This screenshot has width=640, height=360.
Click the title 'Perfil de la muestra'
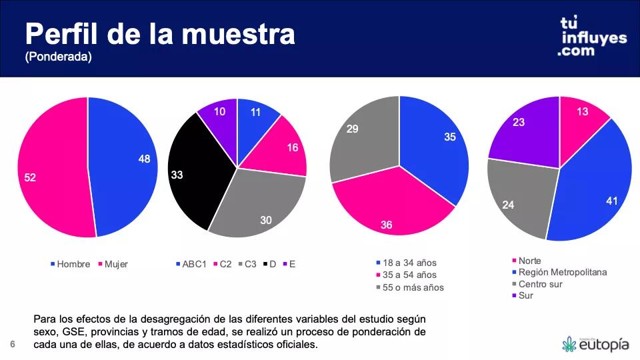[x=159, y=34]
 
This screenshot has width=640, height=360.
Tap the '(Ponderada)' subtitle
[x=58, y=58]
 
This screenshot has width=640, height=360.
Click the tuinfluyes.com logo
[x=593, y=37]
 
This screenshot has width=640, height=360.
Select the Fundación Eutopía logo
[x=595, y=344]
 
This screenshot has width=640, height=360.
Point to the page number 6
[x=12, y=344]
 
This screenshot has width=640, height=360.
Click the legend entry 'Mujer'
[x=116, y=264]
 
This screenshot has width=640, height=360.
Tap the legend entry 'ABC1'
[x=194, y=264]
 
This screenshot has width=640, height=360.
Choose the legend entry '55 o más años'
[x=413, y=287]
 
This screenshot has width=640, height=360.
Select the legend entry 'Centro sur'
[x=540, y=284]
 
